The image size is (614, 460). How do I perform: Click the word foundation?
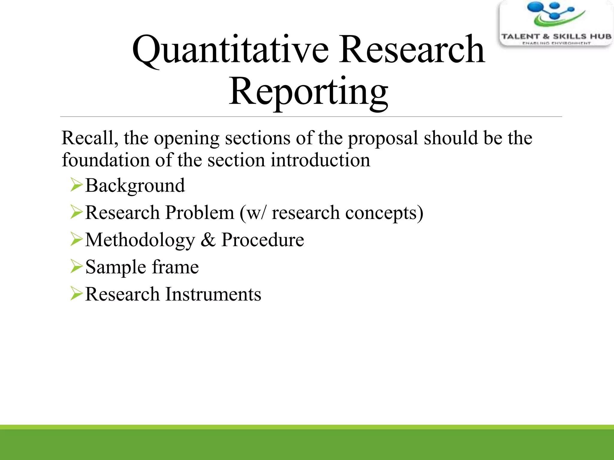click(106, 160)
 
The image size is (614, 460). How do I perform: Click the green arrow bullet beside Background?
click(76, 184)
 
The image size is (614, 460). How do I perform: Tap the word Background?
click(135, 186)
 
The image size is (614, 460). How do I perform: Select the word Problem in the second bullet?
click(199, 213)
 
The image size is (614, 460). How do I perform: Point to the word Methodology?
click(140, 240)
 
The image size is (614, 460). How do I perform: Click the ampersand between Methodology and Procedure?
click(208, 240)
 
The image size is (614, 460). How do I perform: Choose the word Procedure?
click(263, 240)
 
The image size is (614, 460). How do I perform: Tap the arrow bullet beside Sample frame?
click(76, 266)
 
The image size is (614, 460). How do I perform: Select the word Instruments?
click(213, 294)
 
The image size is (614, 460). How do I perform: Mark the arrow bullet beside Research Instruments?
click(76, 293)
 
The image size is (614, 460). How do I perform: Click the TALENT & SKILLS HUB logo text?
click(556, 37)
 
